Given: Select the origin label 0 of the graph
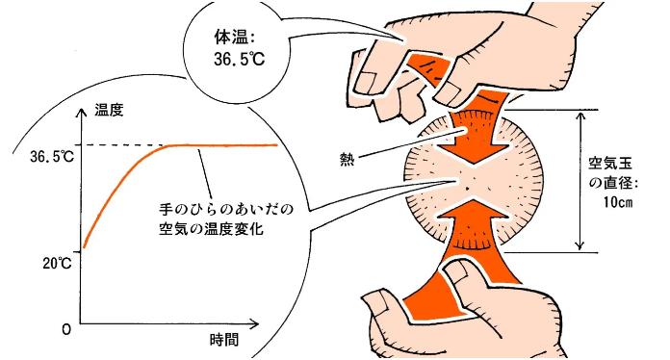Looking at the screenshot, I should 66,329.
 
